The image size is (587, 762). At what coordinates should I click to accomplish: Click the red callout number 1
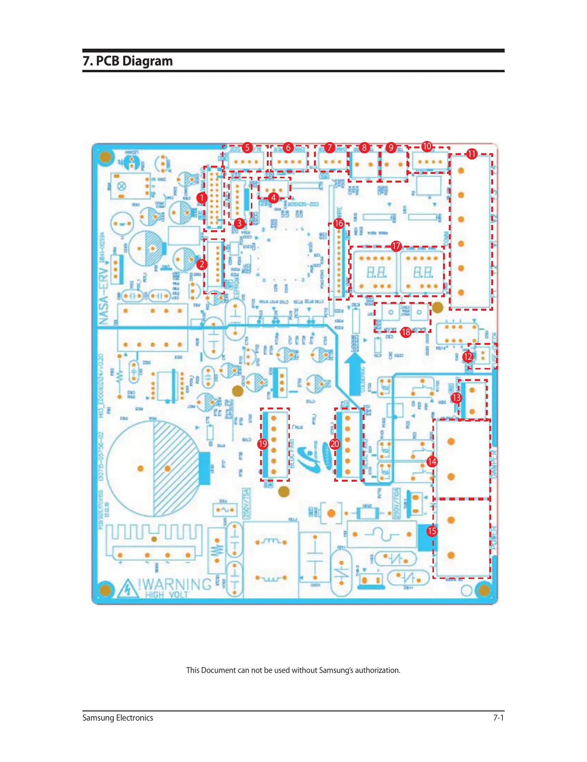(x=201, y=197)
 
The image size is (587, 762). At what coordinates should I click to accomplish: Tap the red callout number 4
(x=273, y=197)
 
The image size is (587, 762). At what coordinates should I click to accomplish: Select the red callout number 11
(x=471, y=154)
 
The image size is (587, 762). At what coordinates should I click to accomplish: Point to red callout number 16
(x=339, y=223)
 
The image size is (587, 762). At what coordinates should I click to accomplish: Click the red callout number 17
(x=396, y=246)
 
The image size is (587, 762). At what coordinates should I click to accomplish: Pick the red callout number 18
(x=406, y=332)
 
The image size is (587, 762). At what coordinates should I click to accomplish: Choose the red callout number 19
(x=262, y=444)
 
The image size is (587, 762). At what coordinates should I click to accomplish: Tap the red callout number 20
(x=335, y=444)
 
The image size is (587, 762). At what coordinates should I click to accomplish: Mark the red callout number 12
(x=468, y=356)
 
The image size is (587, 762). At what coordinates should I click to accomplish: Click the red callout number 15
(x=432, y=531)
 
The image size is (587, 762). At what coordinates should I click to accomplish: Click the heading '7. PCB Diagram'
(x=128, y=61)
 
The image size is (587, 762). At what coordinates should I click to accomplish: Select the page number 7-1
(x=498, y=718)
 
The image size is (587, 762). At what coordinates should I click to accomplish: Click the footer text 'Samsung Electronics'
(x=117, y=718)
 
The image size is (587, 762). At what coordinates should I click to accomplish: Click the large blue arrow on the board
(x=355, y=367)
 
